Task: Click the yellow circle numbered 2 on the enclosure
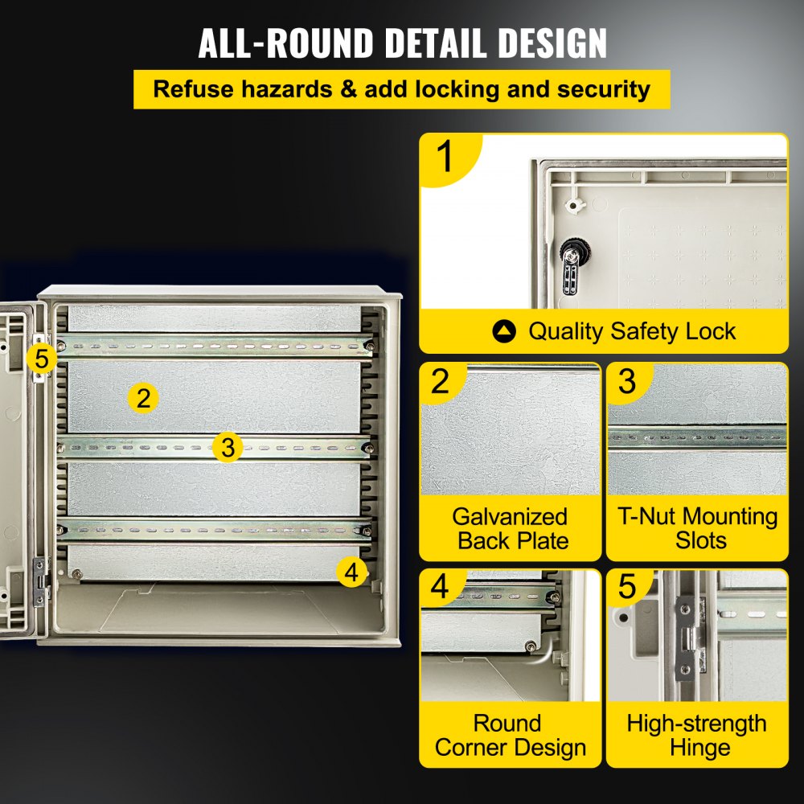143,397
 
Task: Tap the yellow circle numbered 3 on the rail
229,447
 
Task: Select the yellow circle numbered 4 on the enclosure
351,572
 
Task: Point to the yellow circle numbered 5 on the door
42,357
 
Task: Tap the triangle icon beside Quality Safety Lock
505,331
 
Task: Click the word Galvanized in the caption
510,516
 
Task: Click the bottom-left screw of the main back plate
76,574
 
